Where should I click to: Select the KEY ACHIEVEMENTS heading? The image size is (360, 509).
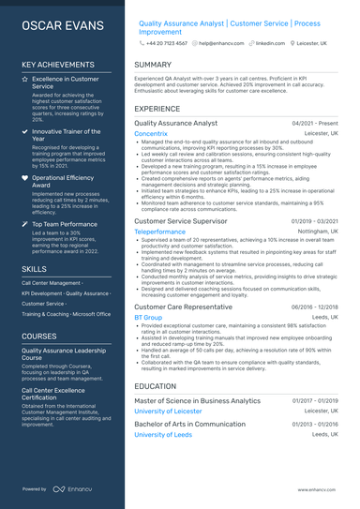(62, 65)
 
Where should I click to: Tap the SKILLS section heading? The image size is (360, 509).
(35, 268)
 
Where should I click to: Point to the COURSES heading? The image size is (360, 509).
(39, 336)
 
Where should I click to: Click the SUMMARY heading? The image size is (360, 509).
(153, 65)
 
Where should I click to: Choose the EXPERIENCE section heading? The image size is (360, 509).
(157, 108)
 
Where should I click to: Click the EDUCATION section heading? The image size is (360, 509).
(156, 385)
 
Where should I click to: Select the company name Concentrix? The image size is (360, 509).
(151, 134)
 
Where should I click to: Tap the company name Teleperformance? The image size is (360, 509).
(159, 231)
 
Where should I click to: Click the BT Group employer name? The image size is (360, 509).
(148, 318)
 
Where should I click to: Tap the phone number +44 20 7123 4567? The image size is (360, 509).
(166, 43)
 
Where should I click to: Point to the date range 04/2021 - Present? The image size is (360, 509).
(315, 123)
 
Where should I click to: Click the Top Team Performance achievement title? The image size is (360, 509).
(64, 224)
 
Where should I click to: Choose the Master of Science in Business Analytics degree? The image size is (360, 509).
(197, 400)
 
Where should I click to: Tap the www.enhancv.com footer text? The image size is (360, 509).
(319, 489)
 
